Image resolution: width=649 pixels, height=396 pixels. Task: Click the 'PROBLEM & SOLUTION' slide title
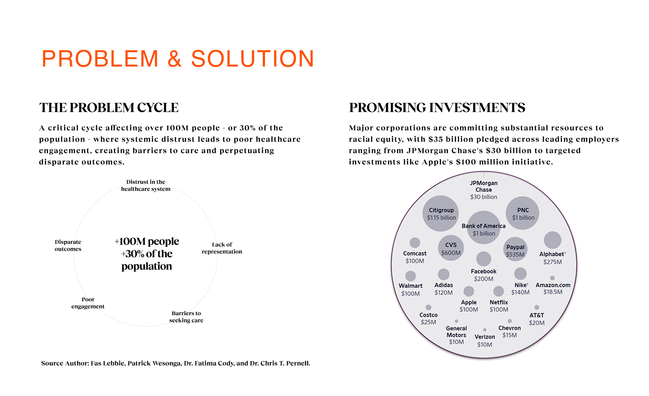pyautogui.click(x=178, y=58)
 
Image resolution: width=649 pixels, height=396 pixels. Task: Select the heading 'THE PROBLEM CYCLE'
pyautogui.click(x=109, y=107)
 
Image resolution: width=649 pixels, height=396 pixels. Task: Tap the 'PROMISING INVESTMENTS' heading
pyautogui.click(x=437, y=107)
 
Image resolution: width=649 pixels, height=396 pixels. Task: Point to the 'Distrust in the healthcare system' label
pyautogui.click(x=146, y=185)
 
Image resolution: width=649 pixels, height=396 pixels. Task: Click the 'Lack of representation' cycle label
pyautogui.click(x=222, y=248)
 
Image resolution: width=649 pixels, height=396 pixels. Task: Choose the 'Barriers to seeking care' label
pyautogui.click(x=186, y=317)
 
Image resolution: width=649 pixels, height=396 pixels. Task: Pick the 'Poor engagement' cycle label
pyautogui.click(x=88, y=303)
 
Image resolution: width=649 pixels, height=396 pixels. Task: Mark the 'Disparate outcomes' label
pyautogui.click(x=68, y=245)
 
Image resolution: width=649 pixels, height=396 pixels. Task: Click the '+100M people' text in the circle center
pyautogui.click(x=147, y=241)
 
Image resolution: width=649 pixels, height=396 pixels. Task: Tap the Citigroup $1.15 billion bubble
pyautogui.click(x=441, y=214)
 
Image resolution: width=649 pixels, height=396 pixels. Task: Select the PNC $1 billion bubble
pyautogui.click(x=522, y=213)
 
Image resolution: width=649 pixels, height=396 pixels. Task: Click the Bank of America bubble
pyautogui.click(x=484, y=228)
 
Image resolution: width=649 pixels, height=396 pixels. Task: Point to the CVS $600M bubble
pyautogui.click(x=451, y=248)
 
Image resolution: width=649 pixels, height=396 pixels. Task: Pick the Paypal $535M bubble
pyautogui.click(x=515, y=249)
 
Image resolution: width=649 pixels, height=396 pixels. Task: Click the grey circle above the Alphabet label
pyautogui.click(x=552, y=240)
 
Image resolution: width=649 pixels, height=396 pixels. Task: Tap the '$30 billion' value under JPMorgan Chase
pyautogui.click(x=484, y=197)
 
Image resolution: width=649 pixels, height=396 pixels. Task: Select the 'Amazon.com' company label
pyautogui.click(x=553, y=285)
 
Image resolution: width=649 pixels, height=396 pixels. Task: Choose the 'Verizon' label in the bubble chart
pyautogui.click(x=485, y=337)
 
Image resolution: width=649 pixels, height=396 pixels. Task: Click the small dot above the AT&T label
pyautogui.click(x=537, y=307)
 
